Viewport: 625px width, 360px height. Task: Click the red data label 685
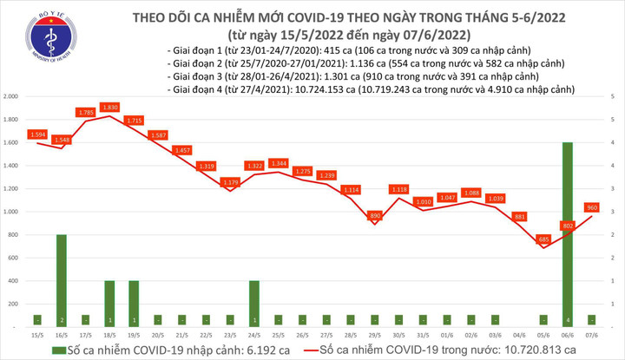pyautogui.click(x=543, y=239)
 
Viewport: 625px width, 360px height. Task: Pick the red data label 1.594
pyautogui.click(x=37, y=134)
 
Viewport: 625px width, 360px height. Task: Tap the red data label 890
pyautogui.click(x=375, y=214)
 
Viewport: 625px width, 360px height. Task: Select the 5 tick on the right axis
pyautogui.click(x=613, y=95)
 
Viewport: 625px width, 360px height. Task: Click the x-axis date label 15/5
pyautogui.click(x=37, y=334)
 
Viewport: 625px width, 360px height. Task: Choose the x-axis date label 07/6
pyautogui.click(x=590, y=334)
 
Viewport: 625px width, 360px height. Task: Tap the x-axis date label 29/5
pyautogui.click(x=375, y=334)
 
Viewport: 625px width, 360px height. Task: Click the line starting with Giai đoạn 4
pyautogui.click(x=365, y=88)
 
